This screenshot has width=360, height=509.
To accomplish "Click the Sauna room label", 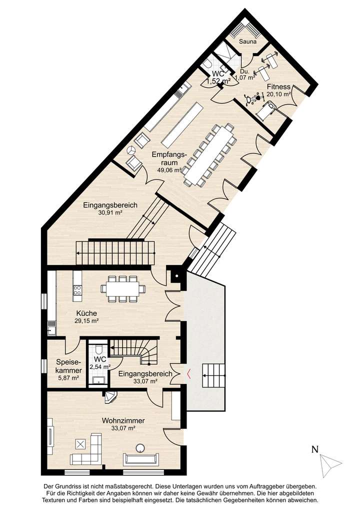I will click(247, 41).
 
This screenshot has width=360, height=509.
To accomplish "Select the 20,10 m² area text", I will click(278, 93).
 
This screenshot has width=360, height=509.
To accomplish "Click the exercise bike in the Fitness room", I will click(252, 98).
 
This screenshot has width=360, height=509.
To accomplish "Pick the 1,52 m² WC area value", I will click(218, 80).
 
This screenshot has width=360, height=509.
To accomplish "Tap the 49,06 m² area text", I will click(169, 170).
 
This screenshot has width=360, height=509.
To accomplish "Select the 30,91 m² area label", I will click(110, 212).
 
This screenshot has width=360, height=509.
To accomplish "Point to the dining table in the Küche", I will click(123, 288).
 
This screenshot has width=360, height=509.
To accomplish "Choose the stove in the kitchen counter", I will click(77, 289).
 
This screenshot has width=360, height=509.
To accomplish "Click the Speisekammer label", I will click(69, 366).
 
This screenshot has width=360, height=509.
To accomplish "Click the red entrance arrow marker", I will click(188, 373).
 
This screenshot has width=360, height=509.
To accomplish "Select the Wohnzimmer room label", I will click(123, 421).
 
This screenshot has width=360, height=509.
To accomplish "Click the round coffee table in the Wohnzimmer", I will click(141, 447).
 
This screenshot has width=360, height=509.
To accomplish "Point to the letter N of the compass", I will click(315, 449).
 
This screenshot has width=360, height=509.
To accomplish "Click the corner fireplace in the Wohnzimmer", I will click(110, 397).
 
